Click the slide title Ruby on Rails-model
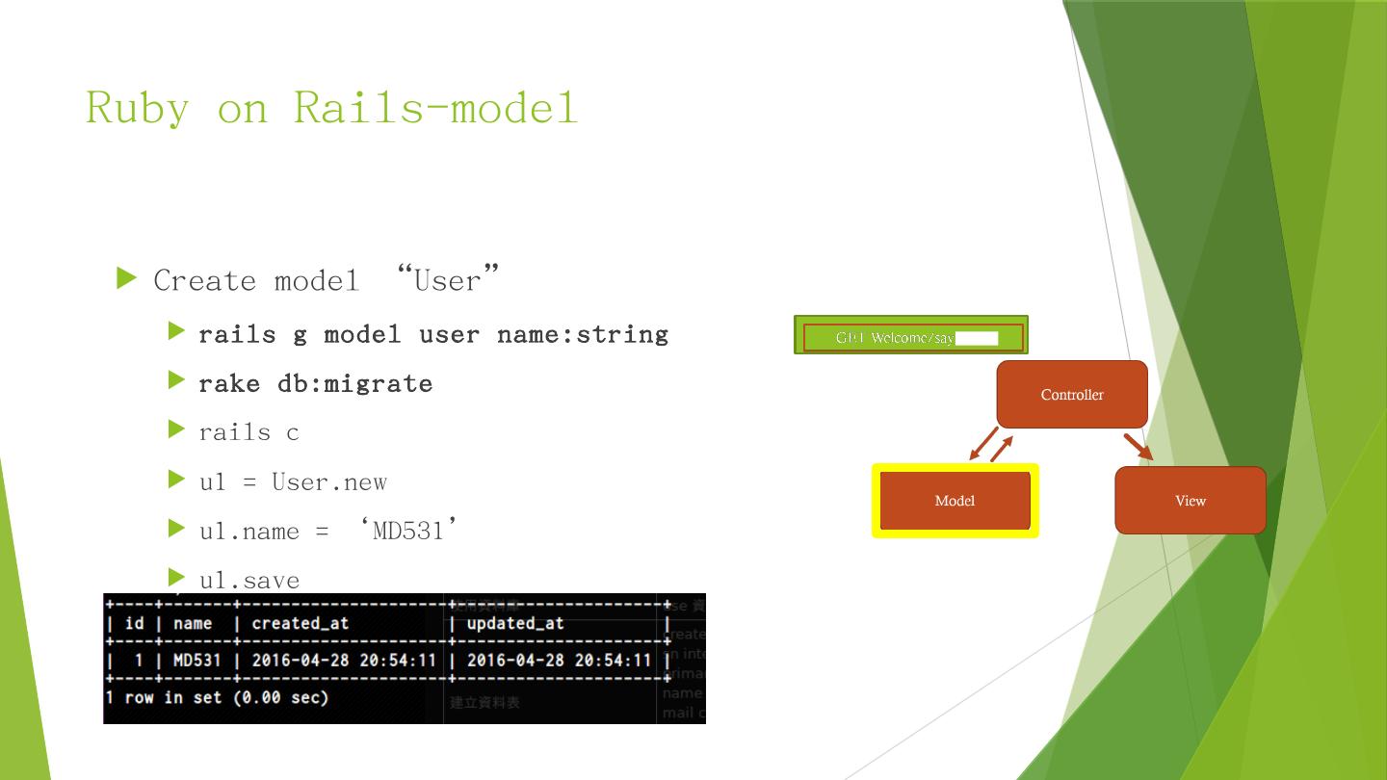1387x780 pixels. (331, 107)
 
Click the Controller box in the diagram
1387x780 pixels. (1072, 395)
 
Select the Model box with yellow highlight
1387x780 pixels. (955, 501)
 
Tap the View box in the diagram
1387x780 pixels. (1190, 501)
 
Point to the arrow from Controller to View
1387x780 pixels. (1138, 447)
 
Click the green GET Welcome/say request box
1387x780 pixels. (910, 336)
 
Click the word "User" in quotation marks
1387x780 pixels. (448, 280)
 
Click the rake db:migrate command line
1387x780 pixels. (315, 383)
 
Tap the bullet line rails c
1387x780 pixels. (249, 432)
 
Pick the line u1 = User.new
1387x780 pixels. (293, 481)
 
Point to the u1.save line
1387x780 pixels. (249, 580)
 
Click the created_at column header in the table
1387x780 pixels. (300, 623)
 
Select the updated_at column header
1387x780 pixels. (514, 623)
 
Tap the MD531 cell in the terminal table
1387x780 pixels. (196, 661)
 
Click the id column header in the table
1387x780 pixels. (134, 623)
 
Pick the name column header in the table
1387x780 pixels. (193, 623)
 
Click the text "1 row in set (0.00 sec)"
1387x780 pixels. (217, 697)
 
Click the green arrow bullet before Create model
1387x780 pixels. (127, 279)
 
